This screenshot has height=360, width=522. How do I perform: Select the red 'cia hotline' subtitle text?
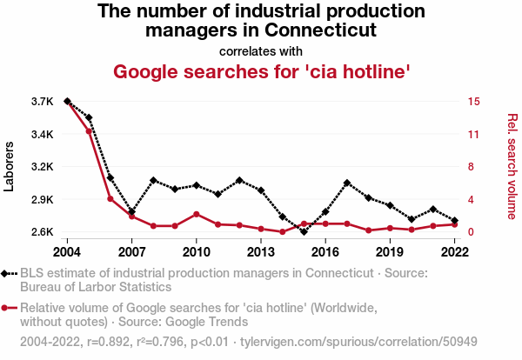click(x=262, y=70)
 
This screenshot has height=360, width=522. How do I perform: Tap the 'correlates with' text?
click(x=261, y=50)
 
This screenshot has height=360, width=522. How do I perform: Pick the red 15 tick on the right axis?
click(x=473, y=102)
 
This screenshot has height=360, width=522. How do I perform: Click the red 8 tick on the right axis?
click(x=471, y=167)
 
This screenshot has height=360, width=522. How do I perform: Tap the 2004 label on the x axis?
click(x=67, y=251)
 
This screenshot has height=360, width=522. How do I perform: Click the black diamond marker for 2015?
click(x=304, y=231)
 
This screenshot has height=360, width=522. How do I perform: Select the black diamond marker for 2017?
click(x=347, y=183)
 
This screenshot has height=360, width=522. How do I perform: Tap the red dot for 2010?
click(x=197, y=214)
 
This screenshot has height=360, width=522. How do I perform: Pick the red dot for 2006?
click(x=110, y=199)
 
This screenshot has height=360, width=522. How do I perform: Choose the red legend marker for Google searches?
click(x=9, y=307)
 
